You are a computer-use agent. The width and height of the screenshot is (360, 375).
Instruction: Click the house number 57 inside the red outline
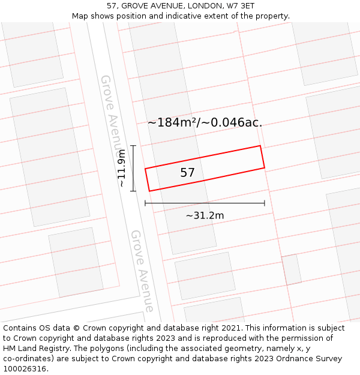(x=188, y=173)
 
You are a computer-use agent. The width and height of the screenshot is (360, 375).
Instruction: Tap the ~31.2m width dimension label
(x=205, y=215)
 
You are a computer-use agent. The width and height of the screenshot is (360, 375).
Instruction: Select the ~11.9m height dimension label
(x=122, y=169)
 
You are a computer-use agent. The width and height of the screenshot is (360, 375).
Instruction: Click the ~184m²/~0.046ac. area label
(x=205, y=122)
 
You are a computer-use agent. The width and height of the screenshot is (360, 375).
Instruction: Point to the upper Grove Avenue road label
(x=111, y=113)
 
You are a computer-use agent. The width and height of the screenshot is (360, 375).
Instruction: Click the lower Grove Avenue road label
(x=142, y=271)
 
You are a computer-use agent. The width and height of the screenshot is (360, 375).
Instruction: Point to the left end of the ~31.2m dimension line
(x=145, y=203)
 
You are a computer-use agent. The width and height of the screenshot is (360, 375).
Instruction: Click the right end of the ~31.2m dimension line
(x=265, y=203)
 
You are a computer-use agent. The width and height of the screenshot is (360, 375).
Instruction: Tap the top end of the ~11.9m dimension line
(x=133, y=146)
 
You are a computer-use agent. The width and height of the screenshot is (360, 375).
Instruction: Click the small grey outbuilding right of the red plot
(x=292, y=269)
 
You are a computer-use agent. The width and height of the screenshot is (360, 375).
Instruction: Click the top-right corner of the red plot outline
(x=260, y=146)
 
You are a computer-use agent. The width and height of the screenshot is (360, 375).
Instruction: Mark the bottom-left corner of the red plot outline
(x=149, y=191)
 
